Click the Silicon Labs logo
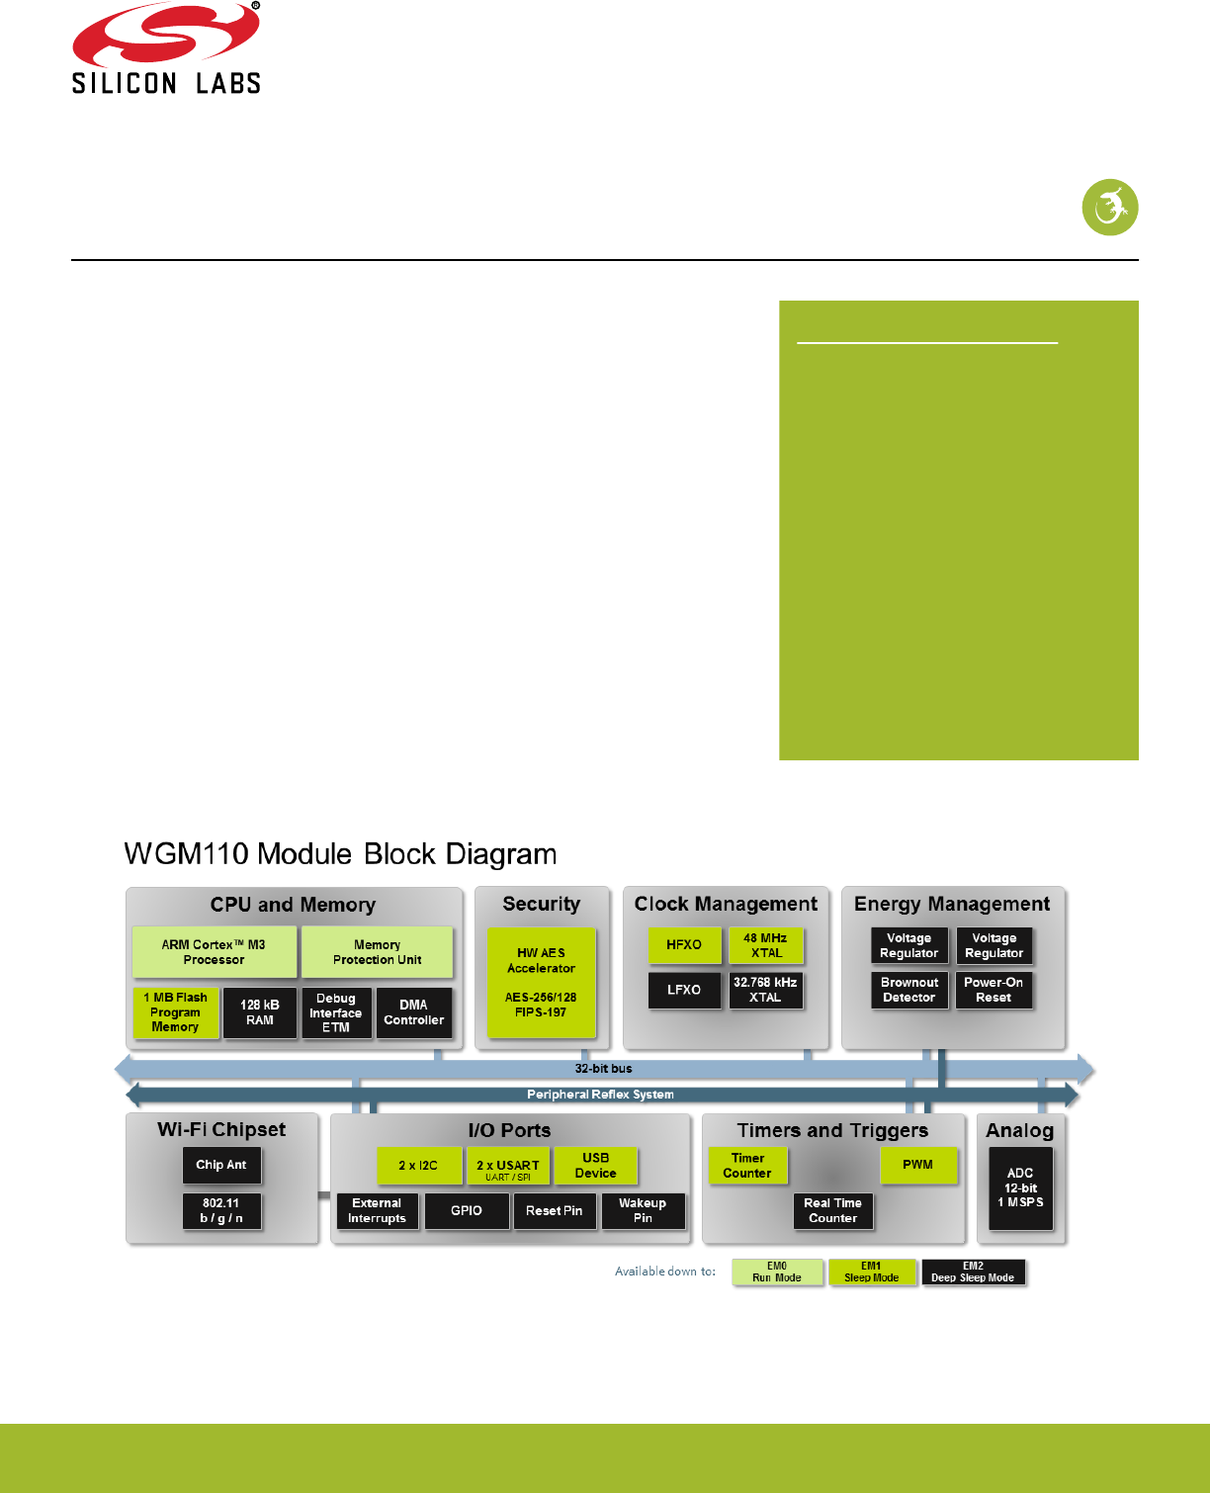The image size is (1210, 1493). [x=166, y=48]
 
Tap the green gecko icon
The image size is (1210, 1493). [x=1109, y=208]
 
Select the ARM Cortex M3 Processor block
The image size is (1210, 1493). [x=214, y=951]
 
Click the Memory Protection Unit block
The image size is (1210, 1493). [x=377, y=951]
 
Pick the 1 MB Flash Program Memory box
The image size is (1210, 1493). [x=176, y=1012]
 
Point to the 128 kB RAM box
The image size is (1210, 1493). [x=260, y=1012]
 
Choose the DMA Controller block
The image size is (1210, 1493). [x=414, y=1012]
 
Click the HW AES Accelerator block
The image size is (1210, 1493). [x=541, y=982]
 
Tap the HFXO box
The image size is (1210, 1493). [x=684, y=945]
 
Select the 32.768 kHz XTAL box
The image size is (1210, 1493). [x=765, y=990]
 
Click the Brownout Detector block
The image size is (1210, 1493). [x=909, y=990]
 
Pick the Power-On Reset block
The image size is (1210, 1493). [x=994, y=990]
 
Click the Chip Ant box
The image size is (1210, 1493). [x=221, y=1165]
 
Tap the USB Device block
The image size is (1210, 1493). [x=595, y=1166]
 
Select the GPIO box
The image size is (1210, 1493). [x=467, y=1210]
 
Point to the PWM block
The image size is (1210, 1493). [x=918, y=1165]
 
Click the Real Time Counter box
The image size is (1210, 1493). [x=832, y=1210]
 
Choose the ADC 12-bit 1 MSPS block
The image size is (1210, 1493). [x=1020, y=1187]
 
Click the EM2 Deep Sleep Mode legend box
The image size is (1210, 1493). [x=973, y=1272]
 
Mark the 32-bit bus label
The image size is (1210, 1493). [x=604, y=1069]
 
